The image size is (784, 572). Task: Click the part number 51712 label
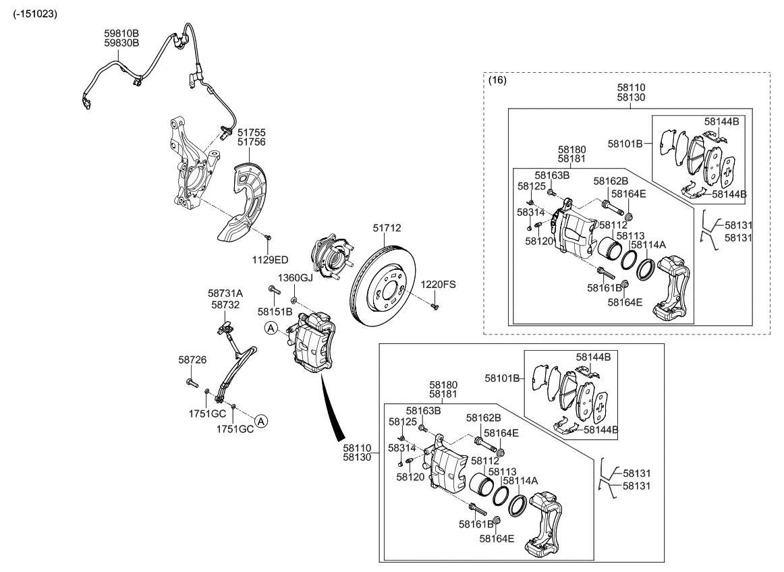[387, 229]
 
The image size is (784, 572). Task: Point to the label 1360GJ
[296, 278]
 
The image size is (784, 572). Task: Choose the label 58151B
[275, 312]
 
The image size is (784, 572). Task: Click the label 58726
[192, 361]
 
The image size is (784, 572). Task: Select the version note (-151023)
[35, 13]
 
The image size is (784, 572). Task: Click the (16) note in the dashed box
[497, 80]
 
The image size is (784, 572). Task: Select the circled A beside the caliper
[271, 328]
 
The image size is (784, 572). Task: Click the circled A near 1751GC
[260, 421]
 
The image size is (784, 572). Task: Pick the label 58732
[225, 305]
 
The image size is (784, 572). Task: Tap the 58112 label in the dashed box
[613, 225]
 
